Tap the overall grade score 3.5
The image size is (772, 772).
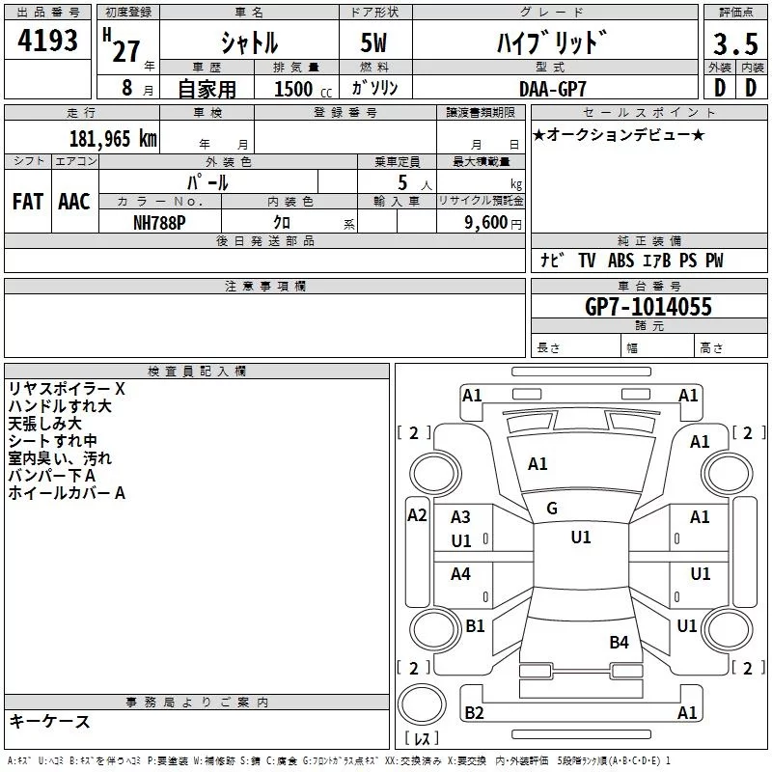(733, 43)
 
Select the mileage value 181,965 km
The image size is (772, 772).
(113, 138)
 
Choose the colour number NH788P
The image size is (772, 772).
(161, 222)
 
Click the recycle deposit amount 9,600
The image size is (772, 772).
(483, 222)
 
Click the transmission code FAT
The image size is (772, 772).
(27, 202)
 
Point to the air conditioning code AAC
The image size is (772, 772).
(73, 202)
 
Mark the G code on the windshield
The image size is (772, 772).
(552, 509)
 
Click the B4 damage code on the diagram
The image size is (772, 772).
(619, 642)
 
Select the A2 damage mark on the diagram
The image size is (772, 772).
(417, 515)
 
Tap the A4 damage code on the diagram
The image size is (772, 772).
(461, 574)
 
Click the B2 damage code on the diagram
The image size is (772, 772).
(474, 712)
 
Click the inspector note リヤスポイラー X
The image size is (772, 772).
(67, 388)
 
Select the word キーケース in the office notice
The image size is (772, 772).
(49, 721)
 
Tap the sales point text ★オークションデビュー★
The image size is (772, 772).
(619, 134)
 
